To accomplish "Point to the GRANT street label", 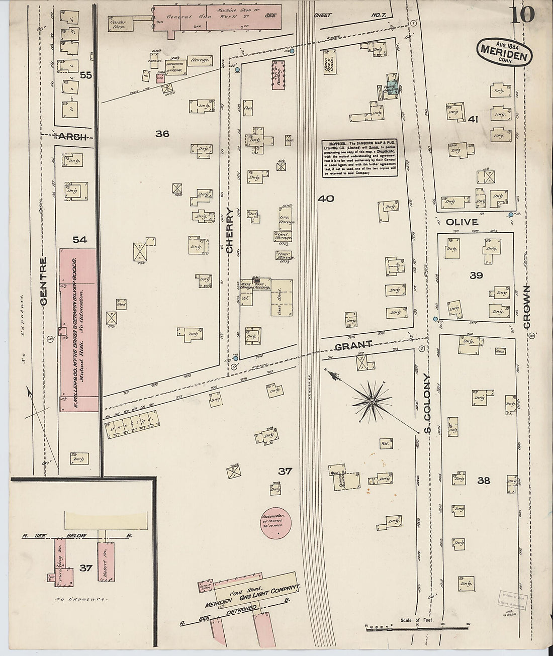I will click(x=353, y=345).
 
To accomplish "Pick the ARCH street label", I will click(x=72, y=137).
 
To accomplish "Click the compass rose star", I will click(x=372, y=402).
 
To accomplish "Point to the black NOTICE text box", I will click(x=360, y=158).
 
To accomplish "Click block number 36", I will click(x=162, y=134).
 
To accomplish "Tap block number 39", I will click(x=476, y=275).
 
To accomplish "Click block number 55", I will click(x=85, y=75).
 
